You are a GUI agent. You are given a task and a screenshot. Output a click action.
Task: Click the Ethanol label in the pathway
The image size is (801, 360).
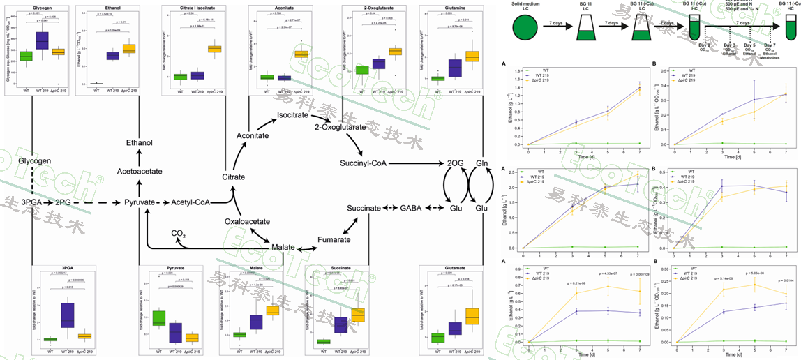tap(139, 142)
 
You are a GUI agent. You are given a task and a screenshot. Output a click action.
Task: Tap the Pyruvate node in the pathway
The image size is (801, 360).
tap(139, 202)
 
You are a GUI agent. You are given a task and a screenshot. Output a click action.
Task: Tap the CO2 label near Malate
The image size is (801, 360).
tap(179, 233)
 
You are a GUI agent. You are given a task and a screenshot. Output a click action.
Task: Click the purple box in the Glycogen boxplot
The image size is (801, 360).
tap(41, 40)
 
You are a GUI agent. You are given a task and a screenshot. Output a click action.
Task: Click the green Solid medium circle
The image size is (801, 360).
tap(530, 28)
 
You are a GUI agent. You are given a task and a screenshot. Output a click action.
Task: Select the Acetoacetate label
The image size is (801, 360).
tap(139, 170)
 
